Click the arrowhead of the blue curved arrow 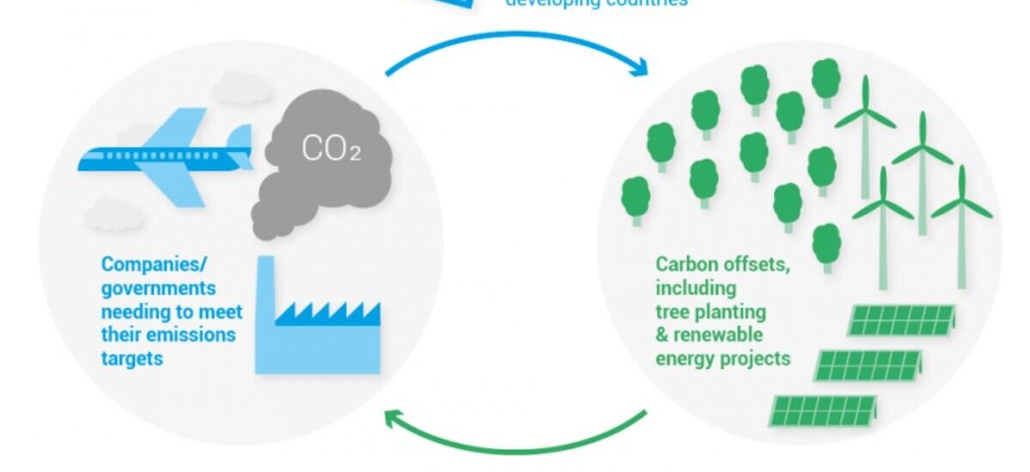coord(638,65)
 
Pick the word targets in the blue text coord(132,357)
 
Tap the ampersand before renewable coord(662,334)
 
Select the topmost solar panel coord(902,320)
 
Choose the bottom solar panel coord(825,411)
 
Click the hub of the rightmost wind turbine coord(961,205)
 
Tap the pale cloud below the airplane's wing coord(114,211)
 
